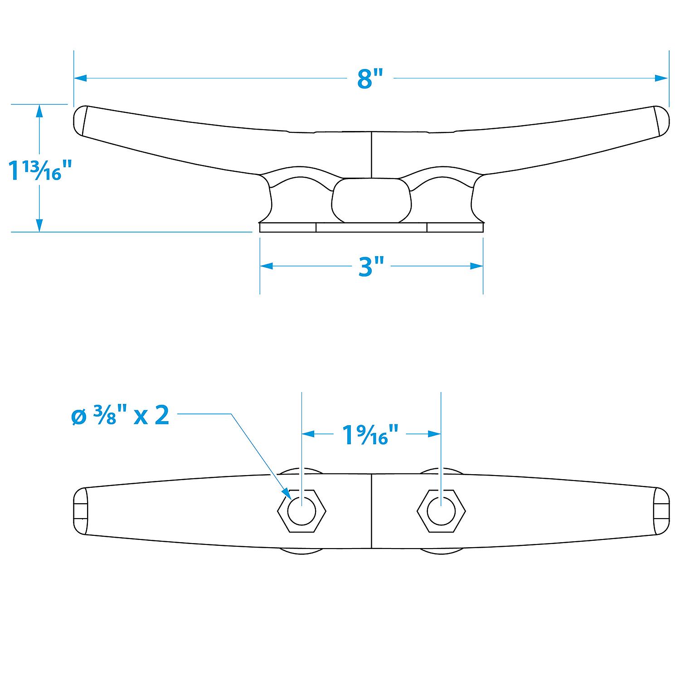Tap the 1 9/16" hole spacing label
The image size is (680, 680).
coord(371,435)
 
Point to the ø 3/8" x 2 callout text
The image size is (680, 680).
coord(120,415)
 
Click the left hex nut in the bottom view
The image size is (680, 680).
coord(301,511)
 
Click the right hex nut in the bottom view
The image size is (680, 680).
coord(441,511)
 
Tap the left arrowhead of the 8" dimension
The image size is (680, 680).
coord(80,78)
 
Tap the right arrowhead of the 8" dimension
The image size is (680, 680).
coord(662,78)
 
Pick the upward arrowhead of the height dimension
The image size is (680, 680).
coord(39,112)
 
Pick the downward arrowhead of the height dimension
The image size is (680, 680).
coord(39,225)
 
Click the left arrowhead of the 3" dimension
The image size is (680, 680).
coord(266,266)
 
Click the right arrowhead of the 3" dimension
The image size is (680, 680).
coord(477,266)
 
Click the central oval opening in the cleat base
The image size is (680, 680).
coord(372,200)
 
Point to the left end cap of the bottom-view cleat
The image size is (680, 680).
coord(80,511)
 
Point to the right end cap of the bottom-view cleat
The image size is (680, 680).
coord(662,511)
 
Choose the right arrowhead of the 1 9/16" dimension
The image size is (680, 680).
coord(435,434)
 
